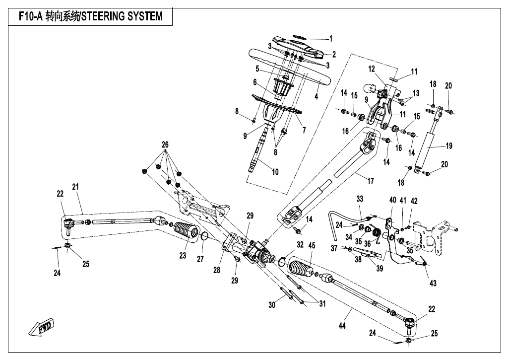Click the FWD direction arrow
(41, 328)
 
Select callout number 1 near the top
(331, 39)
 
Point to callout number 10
(275, 172)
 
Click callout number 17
(371, 181)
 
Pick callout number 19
(449, 146)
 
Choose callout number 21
(75, 187)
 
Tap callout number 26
(165, 144)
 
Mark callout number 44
(342, 325)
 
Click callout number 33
(360, 199)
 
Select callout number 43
(433, 283)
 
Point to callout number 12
(372, 69)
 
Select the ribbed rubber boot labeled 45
(301, 268)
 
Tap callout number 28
(217, 270)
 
